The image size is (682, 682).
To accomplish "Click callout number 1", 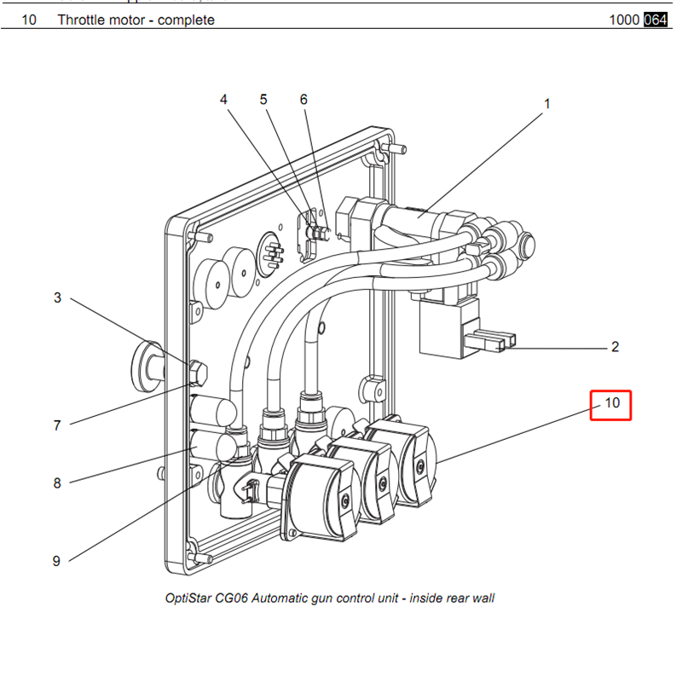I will click(547, 104).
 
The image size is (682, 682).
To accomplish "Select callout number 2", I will click(615, 347).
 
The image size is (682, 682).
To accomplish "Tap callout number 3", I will click(58, 298).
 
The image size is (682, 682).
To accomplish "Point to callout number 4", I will click(224, 99).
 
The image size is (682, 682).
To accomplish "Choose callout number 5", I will click(264, 99).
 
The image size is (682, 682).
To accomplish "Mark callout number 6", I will click(303, 99).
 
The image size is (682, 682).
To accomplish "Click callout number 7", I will click(58, 425).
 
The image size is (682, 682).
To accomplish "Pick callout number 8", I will click(58, 483).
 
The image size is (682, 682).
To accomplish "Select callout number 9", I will click(57, 560).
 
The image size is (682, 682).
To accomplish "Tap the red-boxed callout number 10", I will click(612, 403).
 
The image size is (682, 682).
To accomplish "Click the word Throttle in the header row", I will click(81, 20).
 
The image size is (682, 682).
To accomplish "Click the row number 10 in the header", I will click(28, 20).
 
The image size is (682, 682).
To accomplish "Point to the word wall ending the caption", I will click(482, 598).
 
